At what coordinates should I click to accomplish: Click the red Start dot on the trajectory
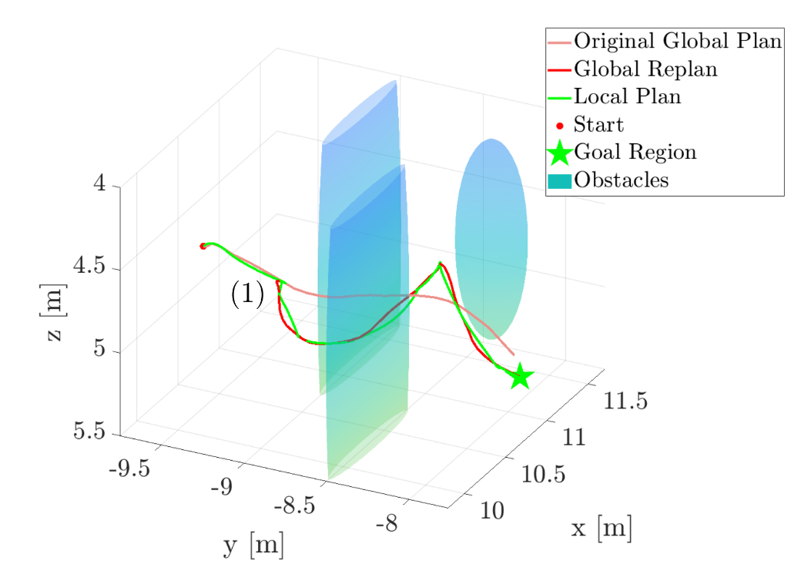(203, 246)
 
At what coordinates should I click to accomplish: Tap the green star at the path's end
(521, 376)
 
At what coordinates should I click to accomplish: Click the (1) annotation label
(247, 294)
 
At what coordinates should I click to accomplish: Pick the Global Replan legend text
(645, 69)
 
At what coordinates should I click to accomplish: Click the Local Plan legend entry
(627, 96)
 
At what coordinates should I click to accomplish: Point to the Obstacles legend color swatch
(559, 181)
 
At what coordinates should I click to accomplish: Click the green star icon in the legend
(559, 153)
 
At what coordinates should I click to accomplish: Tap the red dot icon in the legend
(559, 125)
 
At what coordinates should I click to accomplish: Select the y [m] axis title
(253, 546)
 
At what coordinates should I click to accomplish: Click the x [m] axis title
(602, 529)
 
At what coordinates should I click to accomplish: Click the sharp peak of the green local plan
(440, 264)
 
